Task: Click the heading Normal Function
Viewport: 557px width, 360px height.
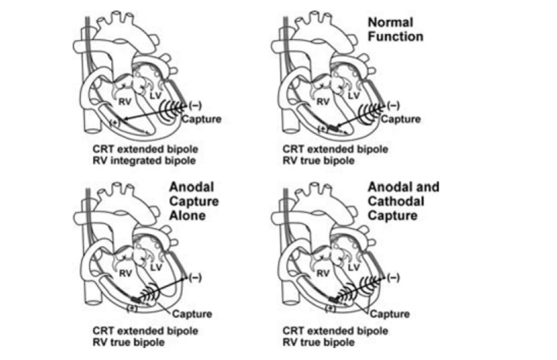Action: (x=395, y=29)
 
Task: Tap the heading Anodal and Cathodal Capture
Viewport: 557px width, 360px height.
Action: (x=403, y=201)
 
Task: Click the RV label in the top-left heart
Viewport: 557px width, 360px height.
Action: (x=126, y=102)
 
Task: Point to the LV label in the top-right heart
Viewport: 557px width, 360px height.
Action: (x=353, y=97)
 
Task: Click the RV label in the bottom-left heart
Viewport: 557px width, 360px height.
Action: (x=126, y=273)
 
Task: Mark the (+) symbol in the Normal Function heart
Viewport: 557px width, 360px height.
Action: (x=323, y=129)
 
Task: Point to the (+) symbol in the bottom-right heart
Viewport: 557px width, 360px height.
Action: (x=330, y=308)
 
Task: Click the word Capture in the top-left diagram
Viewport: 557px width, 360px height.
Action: (x=200, y=119)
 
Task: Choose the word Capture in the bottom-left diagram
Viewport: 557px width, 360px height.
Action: (x=192, y=314)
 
